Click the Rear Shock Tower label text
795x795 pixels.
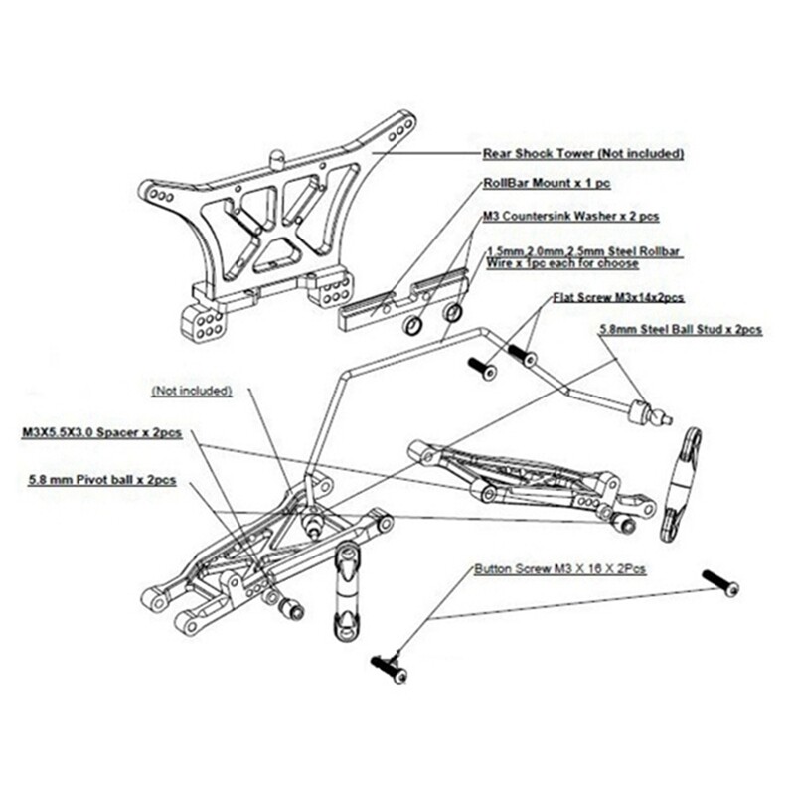583,154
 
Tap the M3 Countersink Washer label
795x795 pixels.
570,215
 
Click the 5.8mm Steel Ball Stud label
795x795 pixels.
681,327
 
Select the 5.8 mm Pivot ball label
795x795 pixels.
103,479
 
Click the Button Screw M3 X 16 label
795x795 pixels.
559,569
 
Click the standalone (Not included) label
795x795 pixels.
192,391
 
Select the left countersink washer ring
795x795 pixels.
412,328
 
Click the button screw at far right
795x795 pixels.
721,583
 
